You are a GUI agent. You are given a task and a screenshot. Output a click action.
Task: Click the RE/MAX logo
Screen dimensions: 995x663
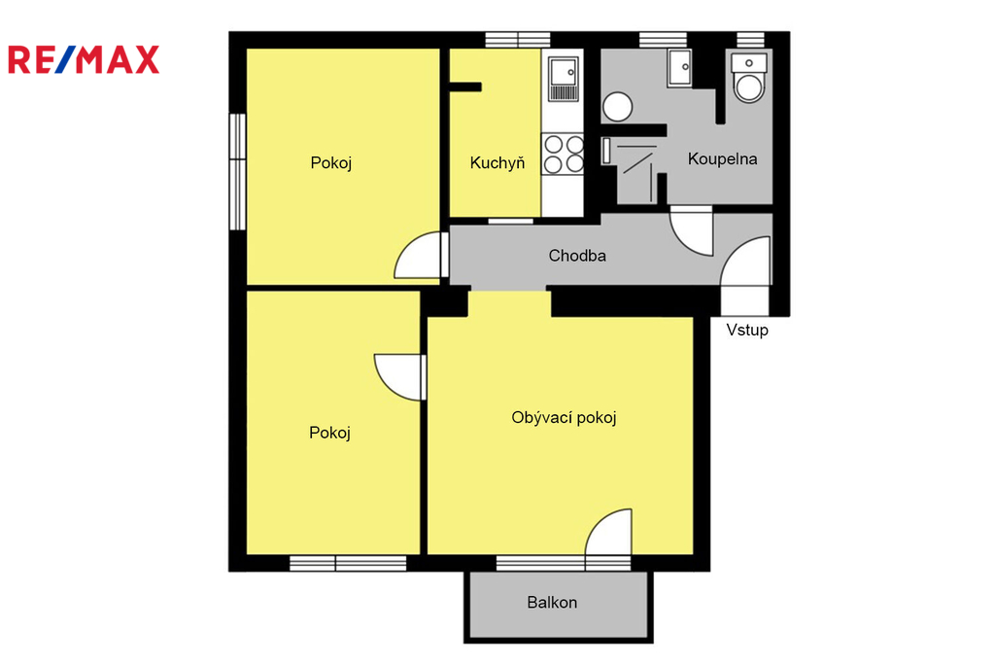pos(84,59)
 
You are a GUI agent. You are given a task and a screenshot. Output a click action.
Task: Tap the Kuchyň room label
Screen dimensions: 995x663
pos(497,163)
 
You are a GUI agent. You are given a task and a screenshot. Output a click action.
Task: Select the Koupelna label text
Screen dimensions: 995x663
pos(722,158)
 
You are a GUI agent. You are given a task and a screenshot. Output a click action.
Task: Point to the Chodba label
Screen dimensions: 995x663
pos(577,256)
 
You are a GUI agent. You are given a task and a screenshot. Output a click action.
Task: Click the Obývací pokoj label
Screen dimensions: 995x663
pos(565,418)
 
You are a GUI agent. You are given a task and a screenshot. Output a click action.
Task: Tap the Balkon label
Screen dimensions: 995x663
pos(552,602)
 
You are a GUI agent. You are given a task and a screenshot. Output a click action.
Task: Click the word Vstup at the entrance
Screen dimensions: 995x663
pos(747,330)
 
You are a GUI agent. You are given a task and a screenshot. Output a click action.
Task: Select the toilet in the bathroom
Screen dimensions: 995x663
pos(749,78)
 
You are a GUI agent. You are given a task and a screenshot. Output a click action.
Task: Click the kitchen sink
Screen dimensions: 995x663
pos(564,79)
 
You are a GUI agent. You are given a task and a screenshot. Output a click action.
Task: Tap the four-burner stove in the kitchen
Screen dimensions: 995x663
pos(563,154)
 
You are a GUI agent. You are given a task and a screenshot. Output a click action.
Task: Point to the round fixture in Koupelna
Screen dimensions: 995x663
pos(617,107)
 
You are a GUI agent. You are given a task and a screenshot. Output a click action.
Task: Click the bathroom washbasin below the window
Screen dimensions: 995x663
pos(679,69)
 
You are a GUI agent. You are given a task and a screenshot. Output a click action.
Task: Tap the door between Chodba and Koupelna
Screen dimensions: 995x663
pos(692,230)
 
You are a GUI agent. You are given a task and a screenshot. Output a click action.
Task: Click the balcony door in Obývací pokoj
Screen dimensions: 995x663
pos(608,532)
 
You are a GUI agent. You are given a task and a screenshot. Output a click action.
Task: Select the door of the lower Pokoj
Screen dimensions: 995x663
pos(399,377)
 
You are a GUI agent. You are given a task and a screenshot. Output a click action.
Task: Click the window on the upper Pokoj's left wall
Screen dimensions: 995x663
pos(237,171)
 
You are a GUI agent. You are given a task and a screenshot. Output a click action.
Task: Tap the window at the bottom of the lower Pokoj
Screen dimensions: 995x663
pos(348,563)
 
